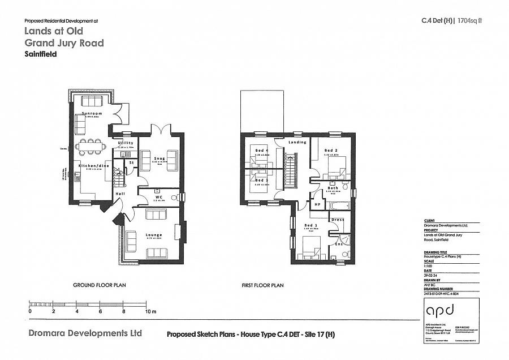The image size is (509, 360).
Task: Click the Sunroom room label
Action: click(x=91, y=113)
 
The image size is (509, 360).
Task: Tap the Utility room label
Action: click(x=126, y=143)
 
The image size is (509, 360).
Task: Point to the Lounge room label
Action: click(x=153, y=235)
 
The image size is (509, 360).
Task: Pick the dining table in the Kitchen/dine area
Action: click(x=92, y=147)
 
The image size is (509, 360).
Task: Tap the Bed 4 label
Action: click(x=261, y=150)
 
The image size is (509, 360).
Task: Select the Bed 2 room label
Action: click(x=331, y=150)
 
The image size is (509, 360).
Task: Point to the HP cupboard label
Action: click(x=317, y=205)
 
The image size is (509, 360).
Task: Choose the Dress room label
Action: click(x=338, y=220)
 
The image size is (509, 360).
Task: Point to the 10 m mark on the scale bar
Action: click(x=150, y=311)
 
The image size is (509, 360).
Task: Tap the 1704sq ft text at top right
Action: click(x=471, y=21)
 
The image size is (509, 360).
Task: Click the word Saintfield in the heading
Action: click(x=41, y=55)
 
